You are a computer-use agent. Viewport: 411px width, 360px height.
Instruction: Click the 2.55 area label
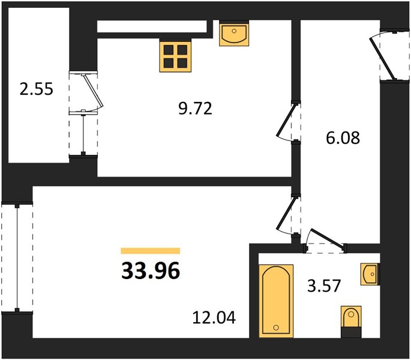tap(37, 89)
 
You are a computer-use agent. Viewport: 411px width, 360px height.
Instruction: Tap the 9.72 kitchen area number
tap(195, 109)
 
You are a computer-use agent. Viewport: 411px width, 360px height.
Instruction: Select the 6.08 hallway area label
tap(343, 137)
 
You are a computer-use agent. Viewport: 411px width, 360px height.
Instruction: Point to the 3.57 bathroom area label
tap(324, 286)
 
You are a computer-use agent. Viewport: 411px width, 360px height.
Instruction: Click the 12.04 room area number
tap(214, 317)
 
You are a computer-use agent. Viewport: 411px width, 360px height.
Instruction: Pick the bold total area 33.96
tap(151, 271)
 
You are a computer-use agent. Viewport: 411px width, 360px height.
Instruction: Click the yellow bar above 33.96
tap(151, 251)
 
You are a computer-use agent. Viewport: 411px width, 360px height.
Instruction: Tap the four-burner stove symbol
tap(175, 56)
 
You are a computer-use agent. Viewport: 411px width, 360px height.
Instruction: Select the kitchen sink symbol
tap(234, 33)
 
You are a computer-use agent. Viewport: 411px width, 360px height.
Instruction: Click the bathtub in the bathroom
tap(276, 301)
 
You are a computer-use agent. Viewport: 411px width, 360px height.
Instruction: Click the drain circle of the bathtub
tap(276, 328)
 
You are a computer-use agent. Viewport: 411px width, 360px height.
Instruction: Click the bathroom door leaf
tap(328, 239)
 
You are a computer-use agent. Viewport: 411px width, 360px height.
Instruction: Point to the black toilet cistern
tap(351, 332)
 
